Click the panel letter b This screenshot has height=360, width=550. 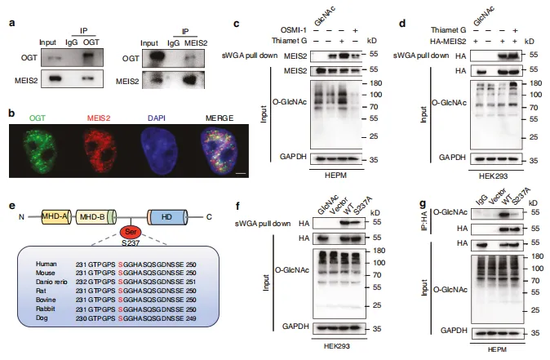click(11, 107)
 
